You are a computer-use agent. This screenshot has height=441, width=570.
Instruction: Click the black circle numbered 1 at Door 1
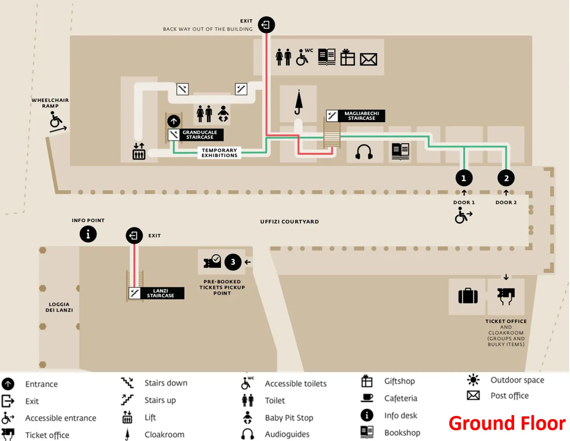[464, 178]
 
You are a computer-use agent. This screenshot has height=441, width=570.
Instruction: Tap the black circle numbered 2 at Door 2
[506, 178]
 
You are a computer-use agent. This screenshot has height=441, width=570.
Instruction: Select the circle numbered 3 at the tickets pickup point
[233, 262]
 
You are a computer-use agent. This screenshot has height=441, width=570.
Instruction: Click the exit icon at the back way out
[266, 25]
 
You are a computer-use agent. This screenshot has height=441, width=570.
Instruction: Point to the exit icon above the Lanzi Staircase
[134, 235]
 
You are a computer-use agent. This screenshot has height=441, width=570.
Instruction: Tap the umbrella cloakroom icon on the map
[299, 102]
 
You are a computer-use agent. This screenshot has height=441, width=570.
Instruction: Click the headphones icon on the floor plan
[364, 152]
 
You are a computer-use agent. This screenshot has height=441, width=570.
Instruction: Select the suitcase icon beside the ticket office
[468, 296]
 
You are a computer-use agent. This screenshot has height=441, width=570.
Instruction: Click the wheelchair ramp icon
[57, 122]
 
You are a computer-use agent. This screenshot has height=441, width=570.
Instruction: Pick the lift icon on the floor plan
[139, 152]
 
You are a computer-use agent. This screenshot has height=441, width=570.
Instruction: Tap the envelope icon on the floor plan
[368, 59]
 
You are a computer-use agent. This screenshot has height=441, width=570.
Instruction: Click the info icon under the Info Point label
[88, 234]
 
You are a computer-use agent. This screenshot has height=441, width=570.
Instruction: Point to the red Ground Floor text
[507, 423]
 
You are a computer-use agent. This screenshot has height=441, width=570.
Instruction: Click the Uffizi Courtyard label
[289, 221]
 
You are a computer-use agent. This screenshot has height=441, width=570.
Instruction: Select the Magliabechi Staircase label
[362, 116]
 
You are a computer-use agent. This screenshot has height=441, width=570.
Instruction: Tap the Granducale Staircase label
[200, 135]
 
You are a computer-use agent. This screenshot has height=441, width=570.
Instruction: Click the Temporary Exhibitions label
[219, 153]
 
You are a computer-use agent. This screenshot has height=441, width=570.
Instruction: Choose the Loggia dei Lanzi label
[59, 307]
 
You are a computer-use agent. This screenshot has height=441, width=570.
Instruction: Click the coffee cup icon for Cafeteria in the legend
[367, 398]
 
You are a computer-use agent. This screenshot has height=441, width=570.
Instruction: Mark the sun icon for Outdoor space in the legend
[473, 380]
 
